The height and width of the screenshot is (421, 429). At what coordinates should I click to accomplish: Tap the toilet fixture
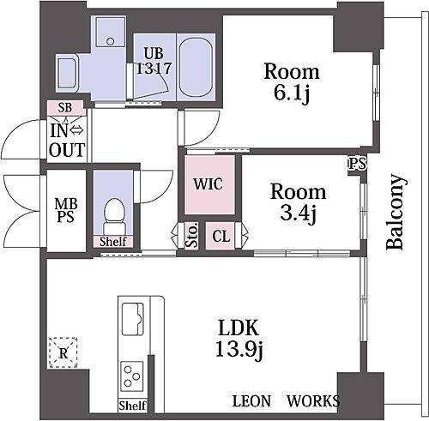(114, 216)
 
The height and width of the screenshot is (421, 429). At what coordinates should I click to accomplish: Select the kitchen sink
(132, 319)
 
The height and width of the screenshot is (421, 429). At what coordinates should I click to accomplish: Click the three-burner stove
(132, 376)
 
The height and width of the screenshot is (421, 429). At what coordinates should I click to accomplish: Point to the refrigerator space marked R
(63, 352)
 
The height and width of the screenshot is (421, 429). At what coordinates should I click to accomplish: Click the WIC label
(208, 183)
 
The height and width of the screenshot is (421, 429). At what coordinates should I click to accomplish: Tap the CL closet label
(221, 237)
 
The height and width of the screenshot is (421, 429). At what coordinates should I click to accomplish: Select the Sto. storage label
(192, 235)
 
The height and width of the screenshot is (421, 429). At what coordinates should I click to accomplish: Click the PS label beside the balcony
(357, 164)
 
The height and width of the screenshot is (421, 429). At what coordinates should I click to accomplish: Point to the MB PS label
(66, 211)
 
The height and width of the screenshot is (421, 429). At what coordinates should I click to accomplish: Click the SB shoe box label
(65, 108)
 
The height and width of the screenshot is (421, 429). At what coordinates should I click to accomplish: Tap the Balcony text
(396, 212)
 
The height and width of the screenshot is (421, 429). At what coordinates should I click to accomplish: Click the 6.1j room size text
(292, 93)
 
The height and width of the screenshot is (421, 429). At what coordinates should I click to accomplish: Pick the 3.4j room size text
(298, 214)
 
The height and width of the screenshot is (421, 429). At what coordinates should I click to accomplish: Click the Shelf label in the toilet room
(113, 242)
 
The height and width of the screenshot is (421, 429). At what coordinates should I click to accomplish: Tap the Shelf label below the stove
(133, 406)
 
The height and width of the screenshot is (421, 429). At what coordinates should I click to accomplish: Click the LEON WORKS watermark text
(287, 400)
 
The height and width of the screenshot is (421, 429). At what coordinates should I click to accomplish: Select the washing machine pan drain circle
(111, 41)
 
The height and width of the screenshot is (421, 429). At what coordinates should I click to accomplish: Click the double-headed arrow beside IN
(77, 130)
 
